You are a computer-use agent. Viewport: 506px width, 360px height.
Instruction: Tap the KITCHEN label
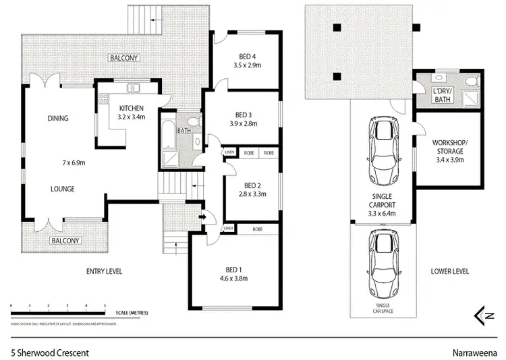pos(130,109)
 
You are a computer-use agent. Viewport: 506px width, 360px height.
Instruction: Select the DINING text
pos(58,119)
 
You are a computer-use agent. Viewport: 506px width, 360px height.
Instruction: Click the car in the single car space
pos(381,265)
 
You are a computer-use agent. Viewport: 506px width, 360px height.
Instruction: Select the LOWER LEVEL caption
pos(450,272)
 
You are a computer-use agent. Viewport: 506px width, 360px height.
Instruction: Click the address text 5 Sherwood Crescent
pos(49,352)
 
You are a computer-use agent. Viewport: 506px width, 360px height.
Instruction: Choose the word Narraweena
pos(475,352)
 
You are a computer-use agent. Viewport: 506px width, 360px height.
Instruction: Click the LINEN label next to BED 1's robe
pos(229,229)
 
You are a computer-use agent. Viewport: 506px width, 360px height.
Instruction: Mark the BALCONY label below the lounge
pos(66,241)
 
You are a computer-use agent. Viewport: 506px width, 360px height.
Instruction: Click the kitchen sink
pos(134,86)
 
